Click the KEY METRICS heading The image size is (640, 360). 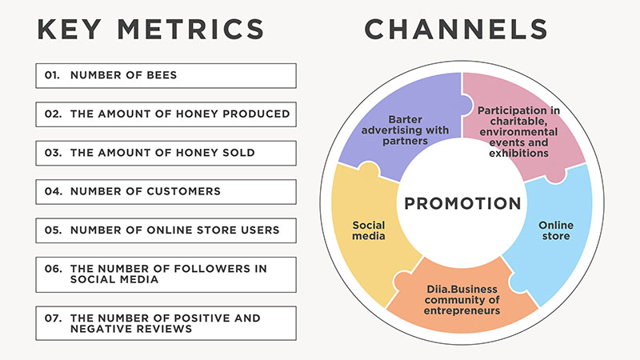tap(150, 29)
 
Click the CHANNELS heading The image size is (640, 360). tap(456, 29)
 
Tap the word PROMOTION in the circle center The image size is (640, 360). tap(462, 203)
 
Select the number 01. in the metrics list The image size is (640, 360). tap(52, 75)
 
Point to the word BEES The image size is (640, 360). tap(162, 75)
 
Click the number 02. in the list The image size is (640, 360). tap(53, 114)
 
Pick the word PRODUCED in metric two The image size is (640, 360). tap(256, 114)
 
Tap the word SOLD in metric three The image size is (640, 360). tap(238, 153)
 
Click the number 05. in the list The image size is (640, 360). tap(53, 230)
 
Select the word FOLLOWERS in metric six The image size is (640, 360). tap(206, 269)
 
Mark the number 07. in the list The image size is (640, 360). tap(53, 318)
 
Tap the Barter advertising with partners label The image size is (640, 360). tap(405, 130)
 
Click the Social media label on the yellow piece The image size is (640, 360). tap(369, 230)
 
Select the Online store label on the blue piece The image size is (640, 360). tap(556, 230)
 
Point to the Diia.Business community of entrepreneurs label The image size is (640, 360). tap(462, 300)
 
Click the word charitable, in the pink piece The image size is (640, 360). tap(518, 122)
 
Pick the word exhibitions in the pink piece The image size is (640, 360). tap(518, 153)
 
